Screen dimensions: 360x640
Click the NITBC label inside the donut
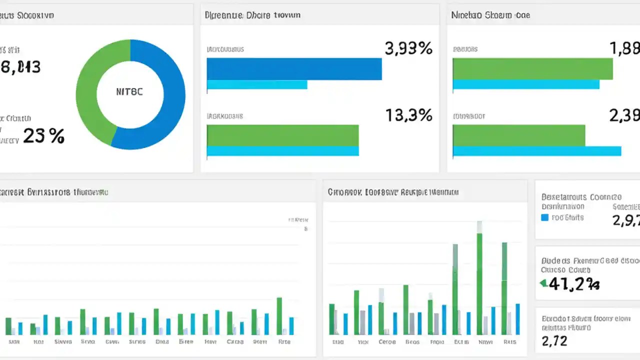(x=129, y=92)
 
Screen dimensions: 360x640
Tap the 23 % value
(x=43, y=136)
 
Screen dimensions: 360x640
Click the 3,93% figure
(x=408, y=48)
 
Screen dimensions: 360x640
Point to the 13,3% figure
(x=408, y=115)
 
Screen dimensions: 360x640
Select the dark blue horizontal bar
(x=294, y=69)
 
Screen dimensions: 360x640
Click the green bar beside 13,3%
(x=282, y=135)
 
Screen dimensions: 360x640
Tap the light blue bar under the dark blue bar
(x=257, y=84)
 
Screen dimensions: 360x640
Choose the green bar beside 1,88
(x=532, y=68)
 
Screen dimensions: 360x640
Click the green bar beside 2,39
(x=518, y=135)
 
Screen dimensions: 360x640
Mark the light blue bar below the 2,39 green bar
(x=536, y=151)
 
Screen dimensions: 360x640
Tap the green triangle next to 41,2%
(x=543, y=283)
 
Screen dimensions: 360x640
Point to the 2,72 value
(x=554, y=341)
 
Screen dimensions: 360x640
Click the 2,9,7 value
(x=625, y=219)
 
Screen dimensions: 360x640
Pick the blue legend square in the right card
(x=545, y=217)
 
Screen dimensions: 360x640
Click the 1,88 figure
(x=624, y=48)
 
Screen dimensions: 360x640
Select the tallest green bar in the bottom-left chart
(x=279, y=316)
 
